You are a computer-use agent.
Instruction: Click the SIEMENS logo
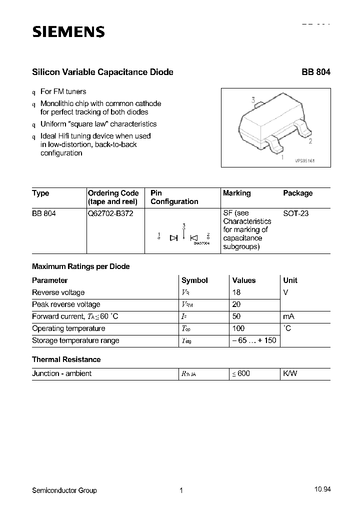[68, 32]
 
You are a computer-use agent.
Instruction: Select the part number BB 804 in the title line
[315, 72]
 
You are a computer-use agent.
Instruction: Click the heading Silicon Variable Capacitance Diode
[102, 72]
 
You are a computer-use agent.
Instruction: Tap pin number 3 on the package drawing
[253, 100]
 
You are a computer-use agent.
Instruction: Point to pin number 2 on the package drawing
[310, 141]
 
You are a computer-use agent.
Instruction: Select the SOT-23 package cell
[296, 213]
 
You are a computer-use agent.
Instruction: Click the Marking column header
[236, 193]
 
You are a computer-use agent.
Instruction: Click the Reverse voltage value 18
[237, 292]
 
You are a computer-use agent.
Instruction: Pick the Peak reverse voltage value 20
[237, 304]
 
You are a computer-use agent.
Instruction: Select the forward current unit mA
[288, 316]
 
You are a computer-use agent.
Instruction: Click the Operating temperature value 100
[238, 328]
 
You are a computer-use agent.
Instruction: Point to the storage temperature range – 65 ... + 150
[254, 340]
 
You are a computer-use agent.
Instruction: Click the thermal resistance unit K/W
[290, 373]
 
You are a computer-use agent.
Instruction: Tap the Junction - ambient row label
[61, 373]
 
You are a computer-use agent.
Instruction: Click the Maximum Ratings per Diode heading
[80, 266]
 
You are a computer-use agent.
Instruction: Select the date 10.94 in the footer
[322, 490]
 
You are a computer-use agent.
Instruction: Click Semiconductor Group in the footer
[64, 490]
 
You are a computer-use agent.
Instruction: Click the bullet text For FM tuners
[63, 91]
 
